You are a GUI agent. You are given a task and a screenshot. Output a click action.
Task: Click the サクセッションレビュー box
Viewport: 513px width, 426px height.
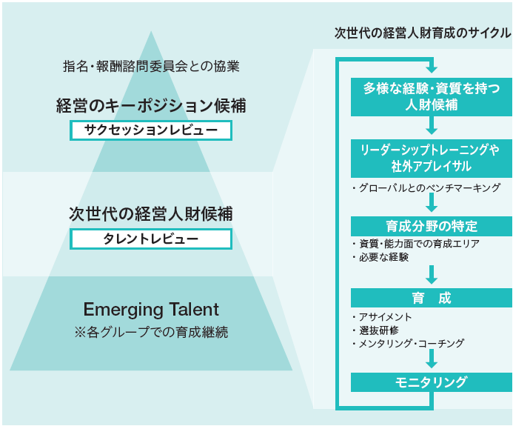click(x=151, y=130)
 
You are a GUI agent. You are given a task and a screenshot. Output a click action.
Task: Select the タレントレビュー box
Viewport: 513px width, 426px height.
click(x=151, y=239)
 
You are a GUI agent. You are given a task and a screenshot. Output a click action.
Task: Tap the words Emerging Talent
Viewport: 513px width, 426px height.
click(x=151, y=309)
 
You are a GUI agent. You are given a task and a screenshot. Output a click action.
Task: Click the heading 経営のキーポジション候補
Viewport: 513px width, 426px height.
click(x=151, y=106)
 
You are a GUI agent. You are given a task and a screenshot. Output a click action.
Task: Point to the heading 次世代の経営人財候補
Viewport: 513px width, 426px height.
click(x=151, y=214)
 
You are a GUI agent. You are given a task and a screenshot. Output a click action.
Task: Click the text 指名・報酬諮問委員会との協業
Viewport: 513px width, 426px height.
click(x=151, y=66)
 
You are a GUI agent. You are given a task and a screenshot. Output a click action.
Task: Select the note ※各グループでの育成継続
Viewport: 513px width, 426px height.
click(x=151, y=332)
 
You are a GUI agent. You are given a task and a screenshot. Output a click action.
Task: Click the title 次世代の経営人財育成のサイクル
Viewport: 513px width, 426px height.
click(x=422, y=33)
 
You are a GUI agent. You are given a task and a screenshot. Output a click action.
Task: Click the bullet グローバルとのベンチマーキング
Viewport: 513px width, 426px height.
click(x=428, y=187)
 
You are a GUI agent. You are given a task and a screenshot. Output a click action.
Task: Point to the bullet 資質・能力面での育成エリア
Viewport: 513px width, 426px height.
click(x=417, y=244)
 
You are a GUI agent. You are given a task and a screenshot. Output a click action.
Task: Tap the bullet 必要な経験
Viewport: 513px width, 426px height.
click(x=382, y=257)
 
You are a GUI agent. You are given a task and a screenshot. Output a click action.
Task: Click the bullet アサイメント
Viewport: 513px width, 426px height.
click(x=383, y=317)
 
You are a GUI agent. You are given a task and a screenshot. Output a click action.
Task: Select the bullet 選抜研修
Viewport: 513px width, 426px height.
click(x=378, y=330)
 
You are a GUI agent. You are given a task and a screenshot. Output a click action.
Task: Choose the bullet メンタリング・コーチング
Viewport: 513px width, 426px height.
click(x=409, y=343)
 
